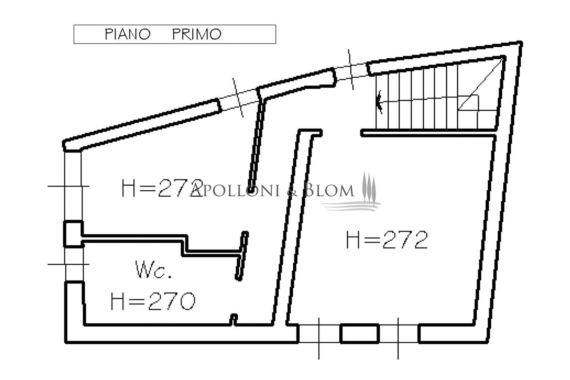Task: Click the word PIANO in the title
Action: [128, 34]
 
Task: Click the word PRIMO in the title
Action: [197, 34]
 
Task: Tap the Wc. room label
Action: [154, 269]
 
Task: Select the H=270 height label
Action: [153, 301]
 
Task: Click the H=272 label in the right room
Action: [387, 239]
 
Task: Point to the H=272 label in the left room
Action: [162, 188]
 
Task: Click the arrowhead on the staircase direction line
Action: [379, 102]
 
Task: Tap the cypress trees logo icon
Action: [369, 187]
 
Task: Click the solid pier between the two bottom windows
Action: [359, 333]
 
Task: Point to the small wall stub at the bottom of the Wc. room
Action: [234, 319]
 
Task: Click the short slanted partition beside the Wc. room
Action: [241, 256]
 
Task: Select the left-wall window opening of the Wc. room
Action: [74, 264]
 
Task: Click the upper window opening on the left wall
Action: [73, 186]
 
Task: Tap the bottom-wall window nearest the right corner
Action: [398, 334]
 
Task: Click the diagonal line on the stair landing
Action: [481, 84]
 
